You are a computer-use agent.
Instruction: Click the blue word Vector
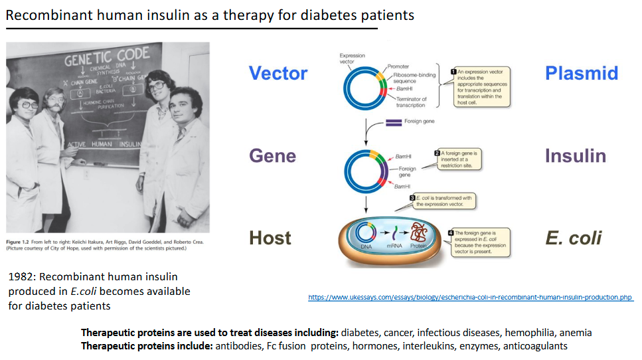[278, 73]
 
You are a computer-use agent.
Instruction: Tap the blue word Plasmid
[582, 73]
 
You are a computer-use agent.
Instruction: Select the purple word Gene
[272, 156]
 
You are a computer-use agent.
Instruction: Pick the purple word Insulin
[576, 156]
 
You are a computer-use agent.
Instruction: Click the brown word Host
[270, 238]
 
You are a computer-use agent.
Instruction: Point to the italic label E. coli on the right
[574, 238]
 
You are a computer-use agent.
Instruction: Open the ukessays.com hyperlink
[471, 297]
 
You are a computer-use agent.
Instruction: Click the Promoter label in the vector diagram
[398, 66]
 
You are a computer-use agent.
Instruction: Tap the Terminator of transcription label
[411, 102]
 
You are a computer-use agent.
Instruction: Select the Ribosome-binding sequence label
[412, 78]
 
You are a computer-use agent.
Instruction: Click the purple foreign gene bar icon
[394, 122]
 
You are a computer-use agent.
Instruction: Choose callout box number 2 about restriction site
[459, 159]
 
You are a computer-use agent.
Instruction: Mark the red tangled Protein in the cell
[419, 234]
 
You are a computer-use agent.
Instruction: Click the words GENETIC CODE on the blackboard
[107, 59]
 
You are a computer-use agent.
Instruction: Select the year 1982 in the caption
[21, 276]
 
